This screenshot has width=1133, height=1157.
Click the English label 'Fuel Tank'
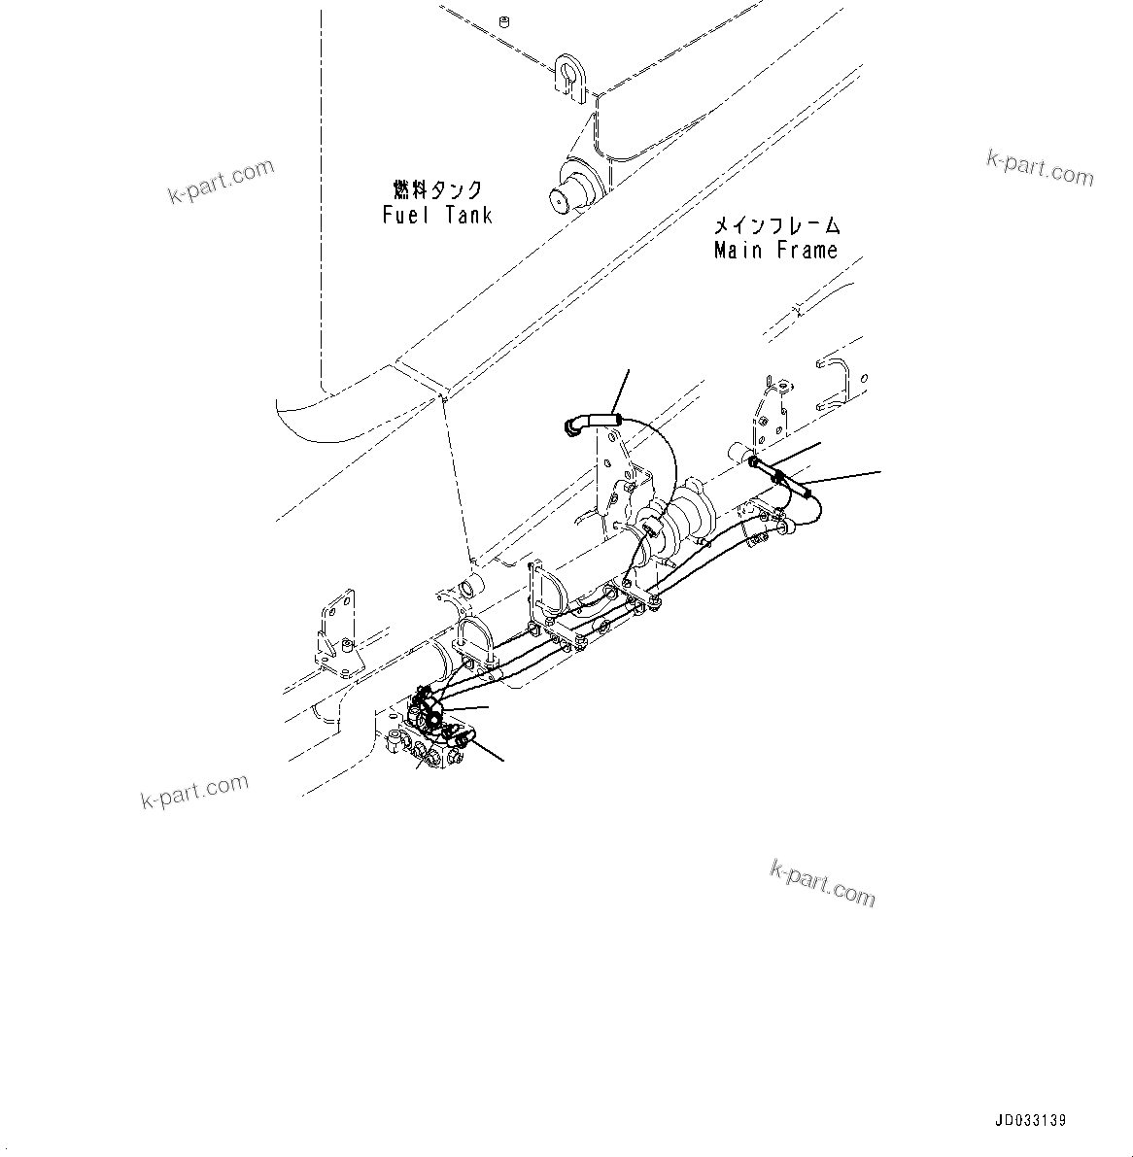[x=437, y=215]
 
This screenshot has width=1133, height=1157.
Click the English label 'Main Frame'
[x=775, y=251]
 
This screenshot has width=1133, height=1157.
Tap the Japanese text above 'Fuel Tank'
[x=437, y=188]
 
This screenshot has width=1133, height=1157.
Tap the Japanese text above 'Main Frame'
[x=776, y=225]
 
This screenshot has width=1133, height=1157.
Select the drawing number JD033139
[x=1030, y=1120]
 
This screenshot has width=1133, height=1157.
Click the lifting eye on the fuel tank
[x=568, y=75]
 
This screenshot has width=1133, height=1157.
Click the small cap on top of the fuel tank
[x=503, y=20]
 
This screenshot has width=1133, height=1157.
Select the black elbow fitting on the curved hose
[x=573, y=425]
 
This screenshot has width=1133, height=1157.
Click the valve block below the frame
[x=428, y=746]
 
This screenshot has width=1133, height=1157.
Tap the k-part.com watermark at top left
[x=221, y=182]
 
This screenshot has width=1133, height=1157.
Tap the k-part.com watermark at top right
[x=1040, y=167]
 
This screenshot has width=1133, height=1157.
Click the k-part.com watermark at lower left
[x=194, y=791]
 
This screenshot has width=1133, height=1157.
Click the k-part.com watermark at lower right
[x=822, y=882]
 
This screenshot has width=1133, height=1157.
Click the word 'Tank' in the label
[x=469, y=215]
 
